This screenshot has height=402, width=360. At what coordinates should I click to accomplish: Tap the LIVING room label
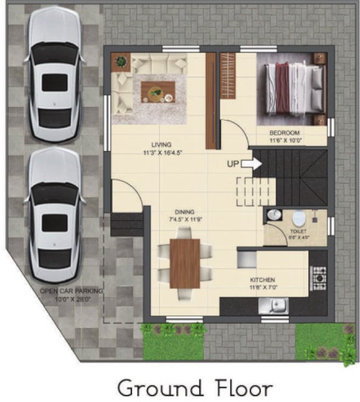(161, 144)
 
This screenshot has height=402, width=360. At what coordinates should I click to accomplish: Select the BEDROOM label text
(284, 133)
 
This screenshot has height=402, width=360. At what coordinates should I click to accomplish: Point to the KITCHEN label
(262, 280)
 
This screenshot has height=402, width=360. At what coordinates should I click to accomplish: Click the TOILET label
(298, 230)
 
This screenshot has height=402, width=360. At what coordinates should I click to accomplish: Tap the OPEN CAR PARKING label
(72, 291)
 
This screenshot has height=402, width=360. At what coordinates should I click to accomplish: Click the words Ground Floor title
(195, 388)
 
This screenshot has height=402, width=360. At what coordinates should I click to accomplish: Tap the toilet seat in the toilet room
(298, 218)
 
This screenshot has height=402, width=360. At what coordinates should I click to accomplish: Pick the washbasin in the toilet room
(274, 215)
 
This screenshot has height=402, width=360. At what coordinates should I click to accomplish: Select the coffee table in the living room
(158, 92)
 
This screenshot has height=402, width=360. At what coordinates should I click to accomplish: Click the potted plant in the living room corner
(120, 62)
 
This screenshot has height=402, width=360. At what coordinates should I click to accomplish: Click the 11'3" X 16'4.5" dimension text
(162, 152)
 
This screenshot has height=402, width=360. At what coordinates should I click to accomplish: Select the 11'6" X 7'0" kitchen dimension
(262, 288)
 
